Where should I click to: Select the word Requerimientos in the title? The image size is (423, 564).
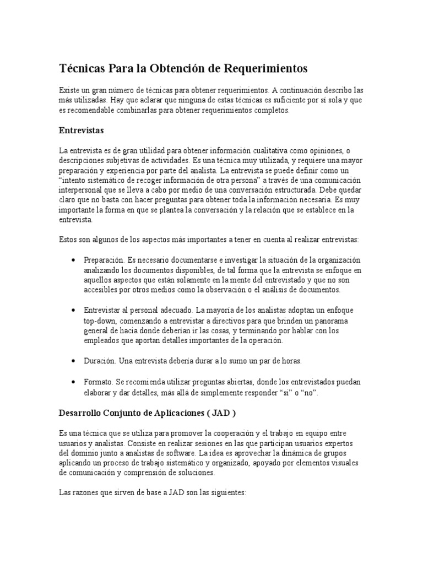(266, 68)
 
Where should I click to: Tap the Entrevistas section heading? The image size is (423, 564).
(82, 131)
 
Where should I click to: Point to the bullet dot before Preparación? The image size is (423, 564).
(73, 260)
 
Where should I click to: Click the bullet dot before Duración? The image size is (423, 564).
(73, 360)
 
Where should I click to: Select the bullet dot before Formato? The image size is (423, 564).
(73, 381)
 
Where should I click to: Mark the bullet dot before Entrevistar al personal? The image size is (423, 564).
(73, 310)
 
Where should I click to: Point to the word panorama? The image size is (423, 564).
(330, 320)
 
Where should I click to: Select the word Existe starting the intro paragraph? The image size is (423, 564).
(70, 90)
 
